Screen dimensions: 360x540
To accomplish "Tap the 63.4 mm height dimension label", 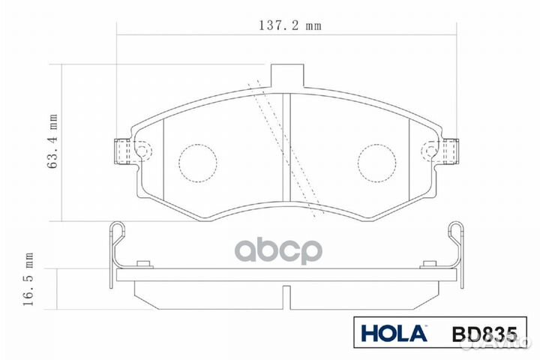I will tap(53, 142).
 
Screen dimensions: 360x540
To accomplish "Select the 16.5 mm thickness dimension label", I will tap(30, 279).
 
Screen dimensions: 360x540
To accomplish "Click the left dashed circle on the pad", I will tap(197, 160).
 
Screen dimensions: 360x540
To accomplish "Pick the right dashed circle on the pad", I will tap(377, 160).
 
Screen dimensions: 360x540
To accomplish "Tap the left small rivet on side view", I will tap(144, 263).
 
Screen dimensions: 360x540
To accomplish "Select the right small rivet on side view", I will tap(429, 263).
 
